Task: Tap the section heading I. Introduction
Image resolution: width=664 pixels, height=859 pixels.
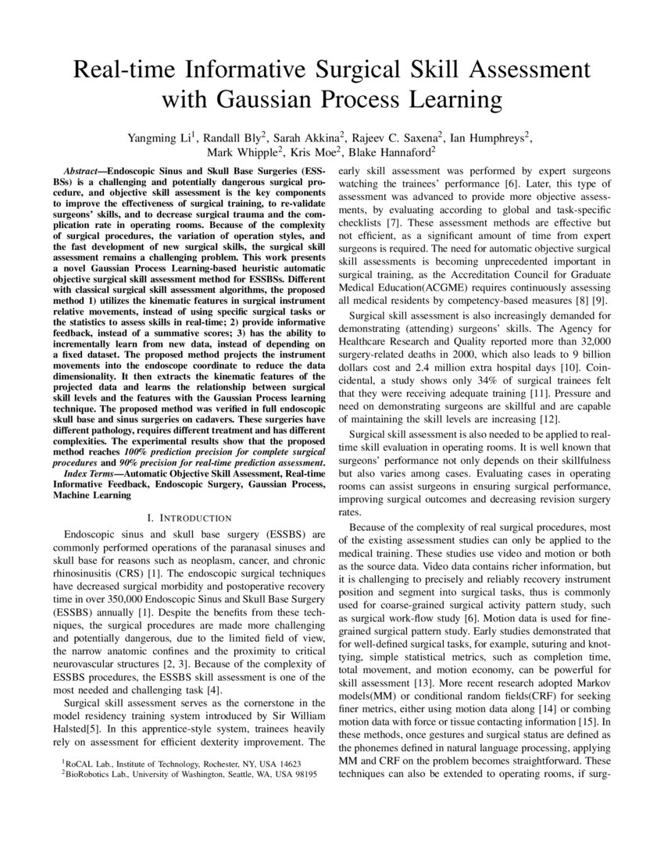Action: (190, 518)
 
